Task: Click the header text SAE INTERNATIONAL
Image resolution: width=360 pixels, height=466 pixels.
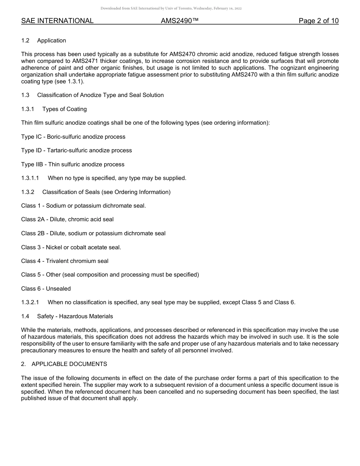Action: click(57, 21)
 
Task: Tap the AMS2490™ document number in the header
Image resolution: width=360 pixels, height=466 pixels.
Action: click(180, 21)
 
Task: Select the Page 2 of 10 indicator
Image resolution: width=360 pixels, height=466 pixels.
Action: click(318, 21)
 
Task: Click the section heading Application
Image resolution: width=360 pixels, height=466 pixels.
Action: click(52, 41)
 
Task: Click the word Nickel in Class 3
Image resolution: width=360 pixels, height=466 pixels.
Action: click(55, 247)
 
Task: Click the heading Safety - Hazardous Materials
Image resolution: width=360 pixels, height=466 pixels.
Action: click(75, 316)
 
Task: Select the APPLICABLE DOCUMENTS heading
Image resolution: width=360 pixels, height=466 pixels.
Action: click(69, 364)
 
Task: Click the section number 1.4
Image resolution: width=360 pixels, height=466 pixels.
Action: click(25, 316)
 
